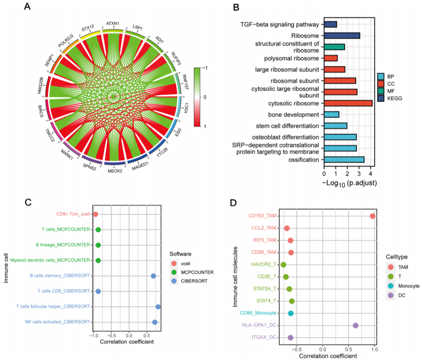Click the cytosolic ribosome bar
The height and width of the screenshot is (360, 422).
click(x=348, y=103)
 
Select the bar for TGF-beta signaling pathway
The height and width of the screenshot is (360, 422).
click(x=331, y=24)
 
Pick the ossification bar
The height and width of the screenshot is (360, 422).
click(x=344, y=160)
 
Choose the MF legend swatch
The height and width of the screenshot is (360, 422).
click(x=382, y=91)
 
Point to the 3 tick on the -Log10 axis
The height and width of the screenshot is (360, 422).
click(x=359, y=174)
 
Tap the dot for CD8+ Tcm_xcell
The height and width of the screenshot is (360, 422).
click(x=95, y=214)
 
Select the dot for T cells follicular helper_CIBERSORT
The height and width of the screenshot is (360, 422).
click(x=158, y=306)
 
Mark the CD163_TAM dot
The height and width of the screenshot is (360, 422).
click(x=373, y=216)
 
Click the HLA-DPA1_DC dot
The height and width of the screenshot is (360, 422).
click(x=356, y=326)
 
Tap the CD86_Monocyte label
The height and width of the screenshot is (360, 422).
click(x=258, y=313)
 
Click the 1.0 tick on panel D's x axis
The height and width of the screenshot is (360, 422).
click(x=374, y=350)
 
